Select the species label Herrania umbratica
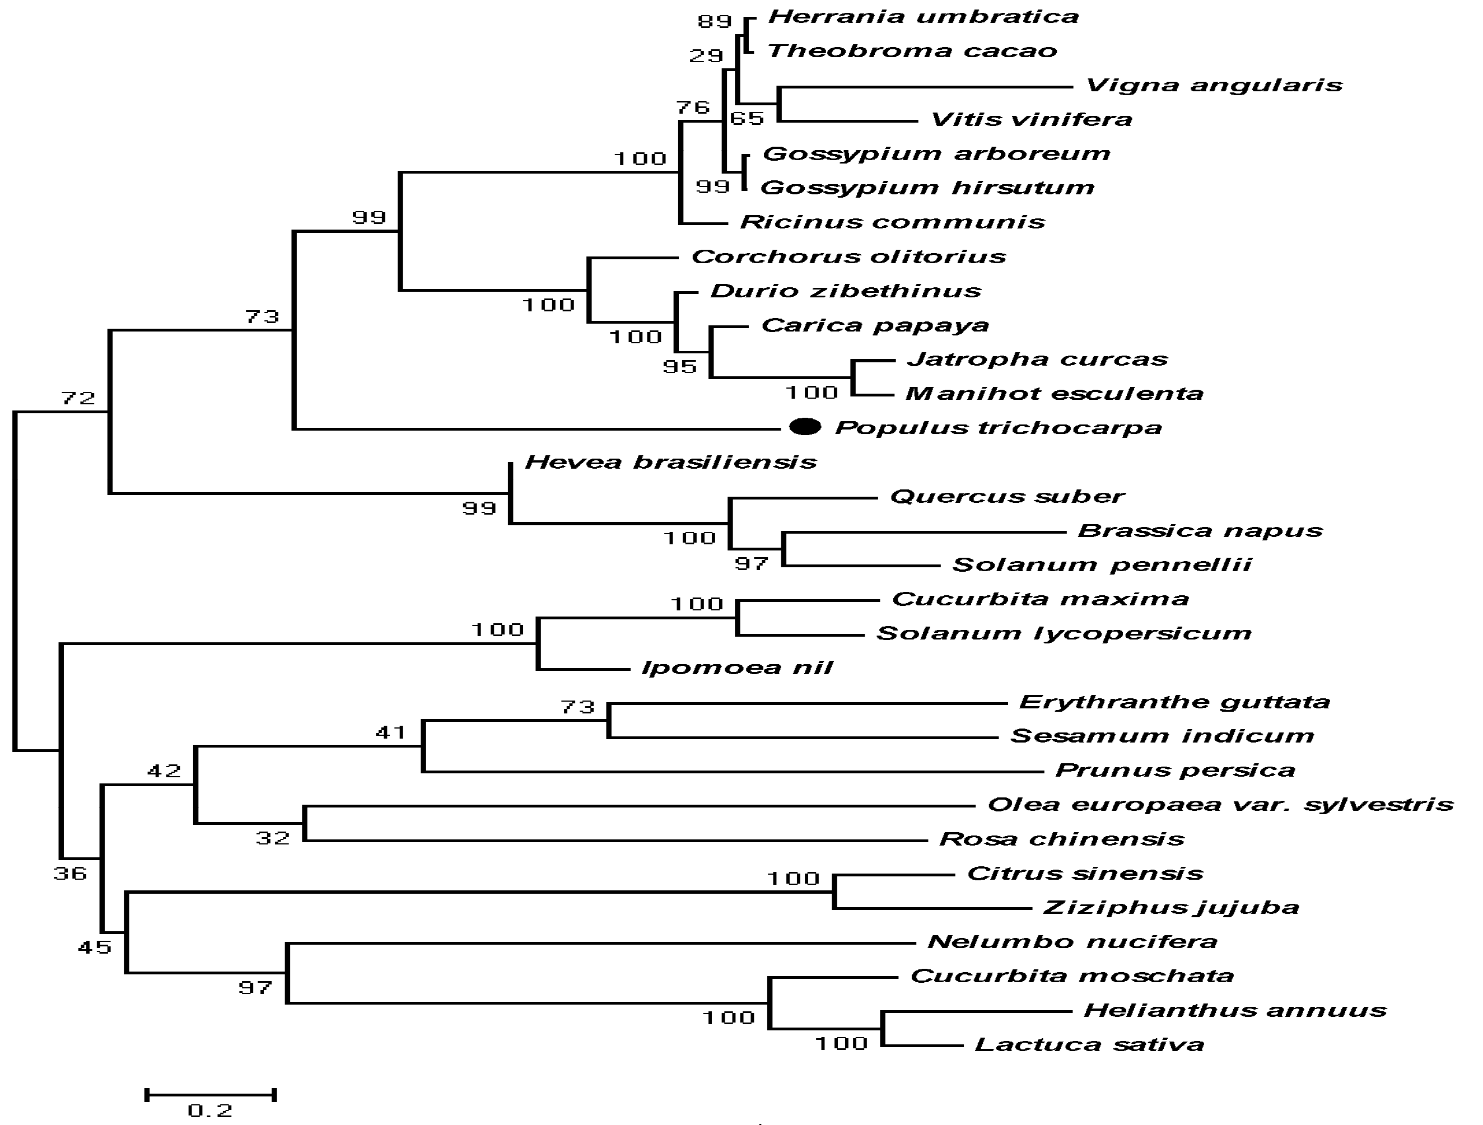[922, 17]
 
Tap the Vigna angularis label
[1214, 85]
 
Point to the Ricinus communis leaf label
[892, 222]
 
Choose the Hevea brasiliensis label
[670, 462]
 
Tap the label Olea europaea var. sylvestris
[1220, 805]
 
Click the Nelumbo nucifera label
[1072, 942]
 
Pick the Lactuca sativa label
[1089, 1044]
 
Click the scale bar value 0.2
[210, 1111]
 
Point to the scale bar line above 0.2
[211, 1095]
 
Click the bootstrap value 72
[78, 398]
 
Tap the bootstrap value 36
[71, 873]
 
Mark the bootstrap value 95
[680, 366]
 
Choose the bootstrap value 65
[747, 119]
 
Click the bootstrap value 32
[273, 838]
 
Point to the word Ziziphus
[1080, 908]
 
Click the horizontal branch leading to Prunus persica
[731, 772]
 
